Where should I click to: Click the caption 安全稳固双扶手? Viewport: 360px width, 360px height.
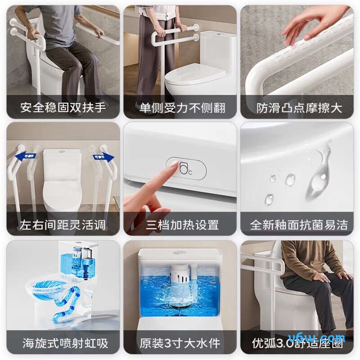(63, 108)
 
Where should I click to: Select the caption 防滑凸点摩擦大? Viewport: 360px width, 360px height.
(299, 108)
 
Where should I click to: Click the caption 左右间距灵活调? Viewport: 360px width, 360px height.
(63, 225)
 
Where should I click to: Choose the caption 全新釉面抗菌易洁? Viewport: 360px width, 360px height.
(299, 225)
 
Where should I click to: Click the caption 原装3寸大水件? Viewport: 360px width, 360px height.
(180, 343)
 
